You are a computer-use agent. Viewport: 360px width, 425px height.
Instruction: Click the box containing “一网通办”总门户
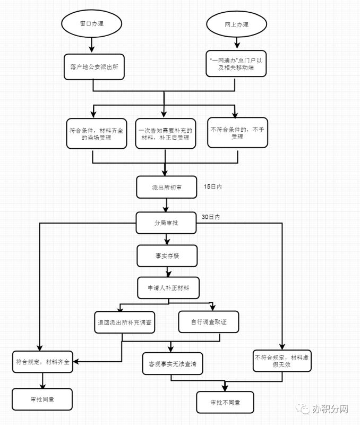235,64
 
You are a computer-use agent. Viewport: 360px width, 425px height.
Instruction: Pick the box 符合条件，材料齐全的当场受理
96,133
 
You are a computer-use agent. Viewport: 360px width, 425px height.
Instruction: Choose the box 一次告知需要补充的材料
165,133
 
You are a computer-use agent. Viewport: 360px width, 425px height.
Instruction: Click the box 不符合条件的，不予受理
237,133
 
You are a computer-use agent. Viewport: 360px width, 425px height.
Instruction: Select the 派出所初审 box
166,188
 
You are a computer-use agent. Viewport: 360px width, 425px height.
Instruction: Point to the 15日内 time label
212,186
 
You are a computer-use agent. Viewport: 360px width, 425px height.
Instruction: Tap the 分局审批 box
166,223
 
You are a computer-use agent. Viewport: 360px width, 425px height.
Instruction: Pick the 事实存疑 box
167,256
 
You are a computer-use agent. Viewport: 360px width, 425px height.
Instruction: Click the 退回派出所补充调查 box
123,322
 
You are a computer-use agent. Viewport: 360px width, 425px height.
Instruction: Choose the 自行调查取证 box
208,321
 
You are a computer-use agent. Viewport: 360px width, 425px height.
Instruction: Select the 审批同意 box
41,399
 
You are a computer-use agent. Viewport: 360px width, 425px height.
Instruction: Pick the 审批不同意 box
225,403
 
